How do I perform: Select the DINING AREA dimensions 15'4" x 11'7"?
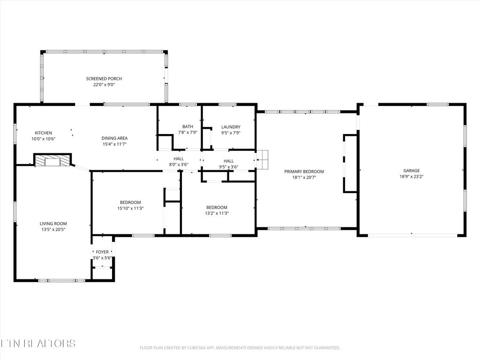(x=114, y=144)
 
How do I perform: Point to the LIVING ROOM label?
(x=53, y=224)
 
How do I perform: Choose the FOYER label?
(x=102, y=252)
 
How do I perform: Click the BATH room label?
(x=187, y=127)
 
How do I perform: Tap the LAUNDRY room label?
(x=231, y=127)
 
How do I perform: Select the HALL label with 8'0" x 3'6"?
(x=179, y=158)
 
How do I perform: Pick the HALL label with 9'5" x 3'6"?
(x=228, y=161)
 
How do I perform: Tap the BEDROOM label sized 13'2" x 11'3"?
(x=217, y=207)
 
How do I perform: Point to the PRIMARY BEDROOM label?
(x=304, y=172)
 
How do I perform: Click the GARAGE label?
(x=412, y=171)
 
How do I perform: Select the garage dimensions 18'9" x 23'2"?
(x=412, y=177)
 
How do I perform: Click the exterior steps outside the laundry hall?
(x=262, y=160)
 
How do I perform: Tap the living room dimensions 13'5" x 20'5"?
(x=53, y=230)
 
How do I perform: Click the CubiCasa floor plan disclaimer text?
(x=240, y=348)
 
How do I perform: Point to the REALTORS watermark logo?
(x=37, y=343)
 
